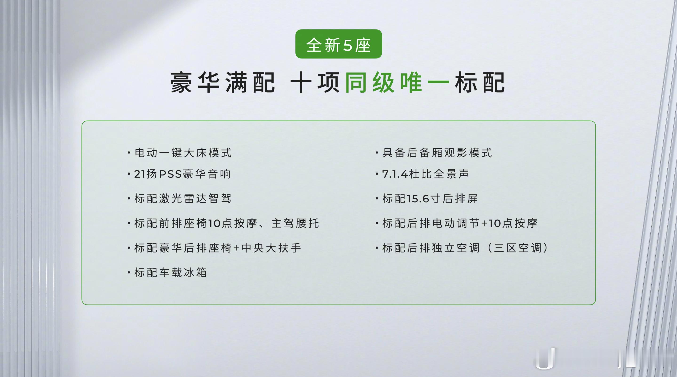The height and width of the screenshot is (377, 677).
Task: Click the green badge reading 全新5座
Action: pos(338,44)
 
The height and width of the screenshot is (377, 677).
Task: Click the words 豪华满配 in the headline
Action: pos(223,82)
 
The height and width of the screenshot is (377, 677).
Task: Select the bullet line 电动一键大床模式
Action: pos(179,153)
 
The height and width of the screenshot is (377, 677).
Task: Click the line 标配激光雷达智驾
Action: pos(179,198)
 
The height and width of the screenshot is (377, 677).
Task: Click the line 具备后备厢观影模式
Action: pos(434,153)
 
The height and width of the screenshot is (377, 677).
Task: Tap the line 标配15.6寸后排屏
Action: pos(426,198)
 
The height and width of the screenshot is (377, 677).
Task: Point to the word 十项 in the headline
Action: pos(315,82)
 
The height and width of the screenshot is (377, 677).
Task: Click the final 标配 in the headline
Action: pos(480,82)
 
